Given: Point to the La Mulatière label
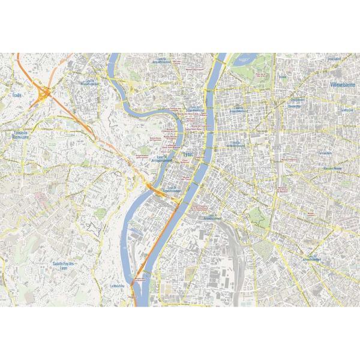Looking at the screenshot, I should click(118, 286).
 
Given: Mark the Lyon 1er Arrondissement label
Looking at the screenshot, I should click(196, 109).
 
